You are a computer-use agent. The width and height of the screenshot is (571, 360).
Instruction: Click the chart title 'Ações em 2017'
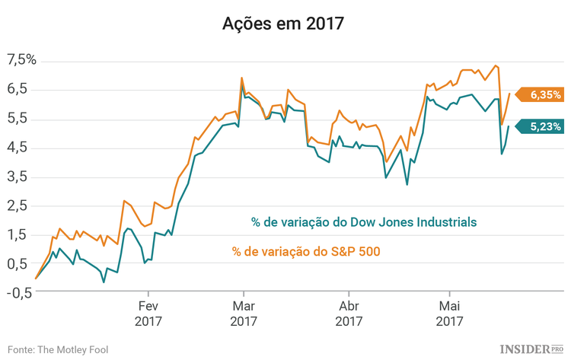[x=283, y=24]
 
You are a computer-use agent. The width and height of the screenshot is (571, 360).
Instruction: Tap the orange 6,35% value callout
[x=543, y=95]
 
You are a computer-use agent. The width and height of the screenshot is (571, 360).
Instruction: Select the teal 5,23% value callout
[x=543, y=126]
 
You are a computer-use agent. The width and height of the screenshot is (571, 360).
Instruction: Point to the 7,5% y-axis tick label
[x=21, y=60]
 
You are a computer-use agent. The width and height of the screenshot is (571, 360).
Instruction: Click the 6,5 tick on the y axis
[x=17, y=89]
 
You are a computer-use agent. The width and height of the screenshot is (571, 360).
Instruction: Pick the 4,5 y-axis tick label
[x=17, y=148]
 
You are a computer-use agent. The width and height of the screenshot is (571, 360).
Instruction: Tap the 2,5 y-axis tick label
[x=17, y=205]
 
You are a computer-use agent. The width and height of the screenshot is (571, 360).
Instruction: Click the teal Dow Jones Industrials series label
[x=364, y=222]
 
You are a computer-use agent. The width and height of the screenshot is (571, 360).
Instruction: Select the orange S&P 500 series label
[x=306, y=250]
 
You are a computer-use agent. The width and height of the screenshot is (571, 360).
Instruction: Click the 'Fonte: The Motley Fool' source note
[x=59, y=349]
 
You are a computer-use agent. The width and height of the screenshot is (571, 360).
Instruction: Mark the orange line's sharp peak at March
[x=242, y=78]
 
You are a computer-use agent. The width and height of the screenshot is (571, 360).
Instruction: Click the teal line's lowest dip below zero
[x=104, y=282]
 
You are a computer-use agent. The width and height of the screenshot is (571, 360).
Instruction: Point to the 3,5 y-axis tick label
[x=17, y=177]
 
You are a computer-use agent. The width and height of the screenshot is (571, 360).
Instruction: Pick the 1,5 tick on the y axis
[x=17, y=234]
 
